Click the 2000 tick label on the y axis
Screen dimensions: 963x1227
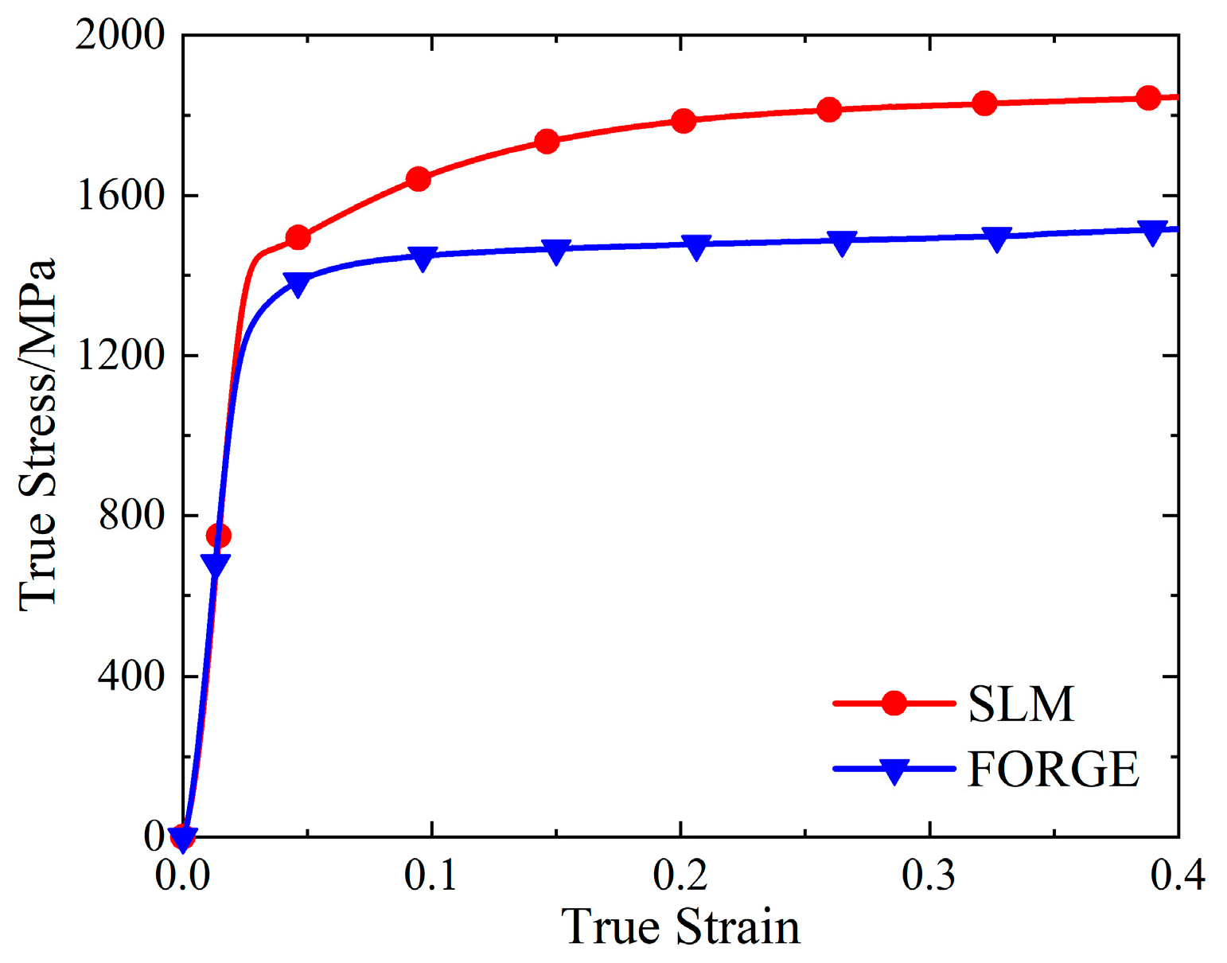pos(119,35)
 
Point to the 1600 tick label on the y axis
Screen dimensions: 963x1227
pos(119,195)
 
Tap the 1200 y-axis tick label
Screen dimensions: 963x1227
pos(119,355)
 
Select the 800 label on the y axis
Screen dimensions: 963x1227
pos(131,516)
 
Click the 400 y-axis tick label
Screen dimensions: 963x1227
pos(131,676)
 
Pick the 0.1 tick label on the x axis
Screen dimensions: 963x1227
pos(431,875)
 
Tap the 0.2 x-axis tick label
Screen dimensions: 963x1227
pos(680,875)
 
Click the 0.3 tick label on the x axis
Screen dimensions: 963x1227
pos(929,875)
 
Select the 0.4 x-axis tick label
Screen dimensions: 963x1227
pos(1178,875)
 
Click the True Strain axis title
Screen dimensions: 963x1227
pos(680,927)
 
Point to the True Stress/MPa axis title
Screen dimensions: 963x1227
pos(38,435)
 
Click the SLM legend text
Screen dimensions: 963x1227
pos(1021,704)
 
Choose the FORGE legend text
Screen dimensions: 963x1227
pos(1053,769)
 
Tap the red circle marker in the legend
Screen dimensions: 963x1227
pos(894,704)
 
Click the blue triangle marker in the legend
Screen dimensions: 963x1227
pos(894,770)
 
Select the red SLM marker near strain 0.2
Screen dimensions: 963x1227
pos(684,121)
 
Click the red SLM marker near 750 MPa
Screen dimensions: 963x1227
pos(218,536)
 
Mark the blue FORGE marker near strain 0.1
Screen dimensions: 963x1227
pos(423,258)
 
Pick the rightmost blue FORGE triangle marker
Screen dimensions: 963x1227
pos(1152,232)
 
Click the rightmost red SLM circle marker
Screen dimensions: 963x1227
pos(1148,98)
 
